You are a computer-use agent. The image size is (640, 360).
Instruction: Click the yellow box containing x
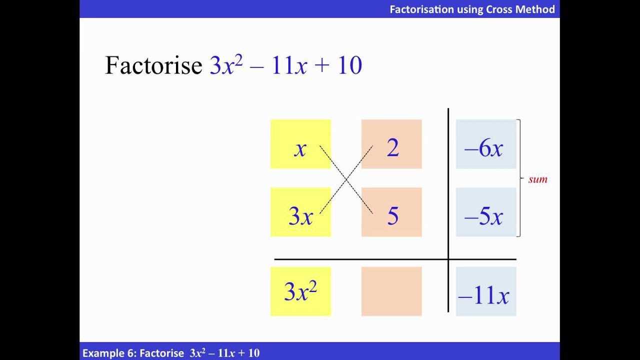[x=300, y=144]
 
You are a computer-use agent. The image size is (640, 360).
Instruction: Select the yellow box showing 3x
[x=300, y=212]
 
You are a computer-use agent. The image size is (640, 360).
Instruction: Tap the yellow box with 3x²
[x=300, y=291]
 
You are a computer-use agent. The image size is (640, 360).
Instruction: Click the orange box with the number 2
[x=391, y=144]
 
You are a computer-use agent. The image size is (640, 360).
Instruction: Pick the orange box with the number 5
[x=391, y=212]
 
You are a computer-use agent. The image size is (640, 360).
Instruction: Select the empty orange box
[x=391, y=291]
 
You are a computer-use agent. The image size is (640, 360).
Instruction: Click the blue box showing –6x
[x=485, y=144]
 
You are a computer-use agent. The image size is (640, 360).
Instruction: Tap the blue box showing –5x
[x=485, y=212]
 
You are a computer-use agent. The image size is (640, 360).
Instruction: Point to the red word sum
[x=538, y=179]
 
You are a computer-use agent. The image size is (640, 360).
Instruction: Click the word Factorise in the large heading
[x=153, y=66]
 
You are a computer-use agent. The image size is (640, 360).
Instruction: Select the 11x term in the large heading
[x=289, y=66]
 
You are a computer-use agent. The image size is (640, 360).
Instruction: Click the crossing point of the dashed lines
[x=346, y=179]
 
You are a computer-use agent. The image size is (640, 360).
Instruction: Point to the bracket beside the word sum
[x=520, y=178]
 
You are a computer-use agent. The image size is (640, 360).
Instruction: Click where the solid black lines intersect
[x=448, y=259]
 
